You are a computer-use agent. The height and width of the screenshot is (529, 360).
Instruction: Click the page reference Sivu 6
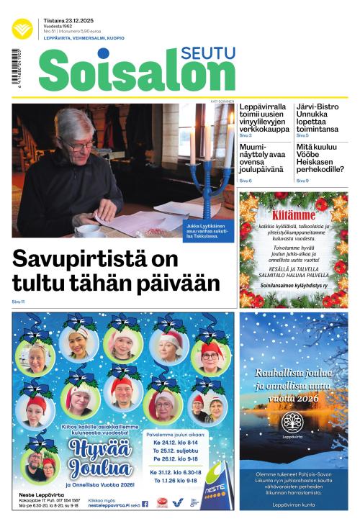(x=246, y=180)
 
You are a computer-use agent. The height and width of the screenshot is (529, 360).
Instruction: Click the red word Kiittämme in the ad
(x=293, y=214)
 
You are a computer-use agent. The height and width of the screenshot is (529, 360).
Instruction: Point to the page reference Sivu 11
(x=18, y=301)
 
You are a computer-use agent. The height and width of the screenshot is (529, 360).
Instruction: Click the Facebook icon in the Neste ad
(x=145, y=505)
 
